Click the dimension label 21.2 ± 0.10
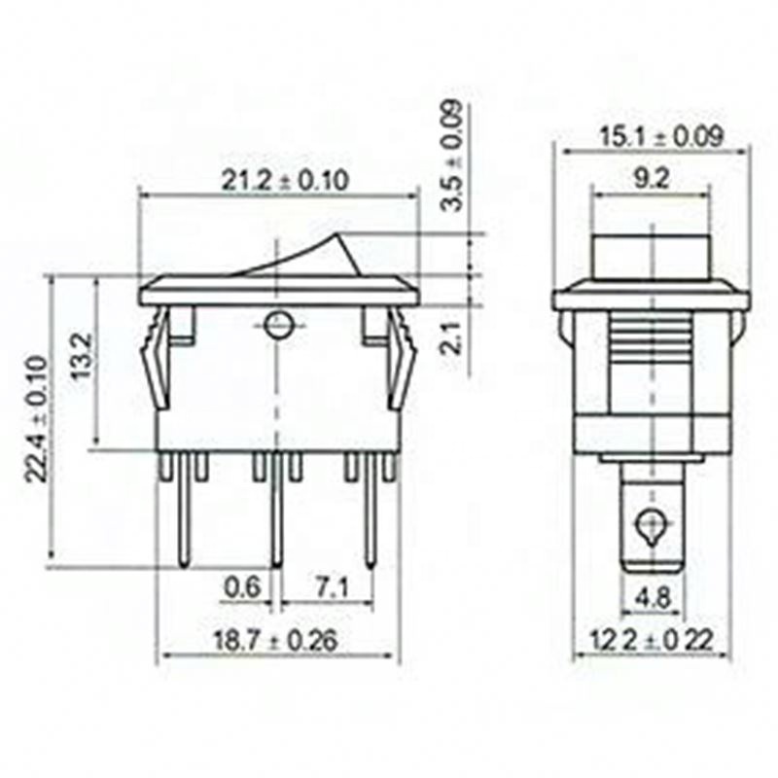(285, 180)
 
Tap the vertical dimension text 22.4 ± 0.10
(37, 419)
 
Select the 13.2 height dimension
(82, 355)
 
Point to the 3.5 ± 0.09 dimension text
(452, 156)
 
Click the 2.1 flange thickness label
(452, 337)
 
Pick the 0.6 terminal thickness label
(242, 587)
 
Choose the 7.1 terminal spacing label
(332, 588)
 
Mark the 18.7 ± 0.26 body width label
(275, 640)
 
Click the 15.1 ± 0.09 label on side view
(661, 136)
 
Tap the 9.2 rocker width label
(652, 179)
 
